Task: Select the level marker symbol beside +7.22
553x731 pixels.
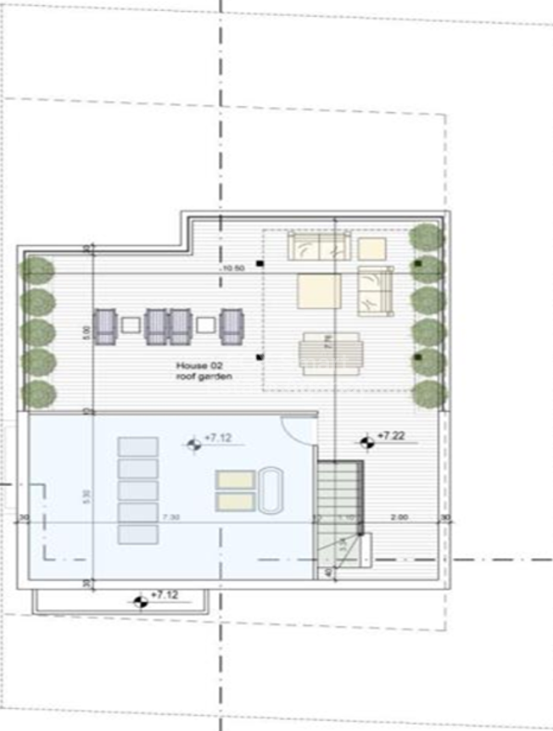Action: (366, 441)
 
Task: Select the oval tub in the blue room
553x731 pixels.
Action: (271, 491)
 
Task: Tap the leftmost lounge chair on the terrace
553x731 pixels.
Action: (104, 326)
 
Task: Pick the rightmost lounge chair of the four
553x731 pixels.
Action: (232, 326)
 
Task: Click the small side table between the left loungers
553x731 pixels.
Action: (130, 325)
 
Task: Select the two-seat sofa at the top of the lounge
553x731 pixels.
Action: (319, 246)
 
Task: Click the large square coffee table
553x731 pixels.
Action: (319, 293)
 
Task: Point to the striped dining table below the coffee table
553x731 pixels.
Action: (330, 351)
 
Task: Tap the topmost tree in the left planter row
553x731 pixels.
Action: (37, 271)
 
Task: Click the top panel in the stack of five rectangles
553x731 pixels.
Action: (137, 447)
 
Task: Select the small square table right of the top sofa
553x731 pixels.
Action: (371, 248)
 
